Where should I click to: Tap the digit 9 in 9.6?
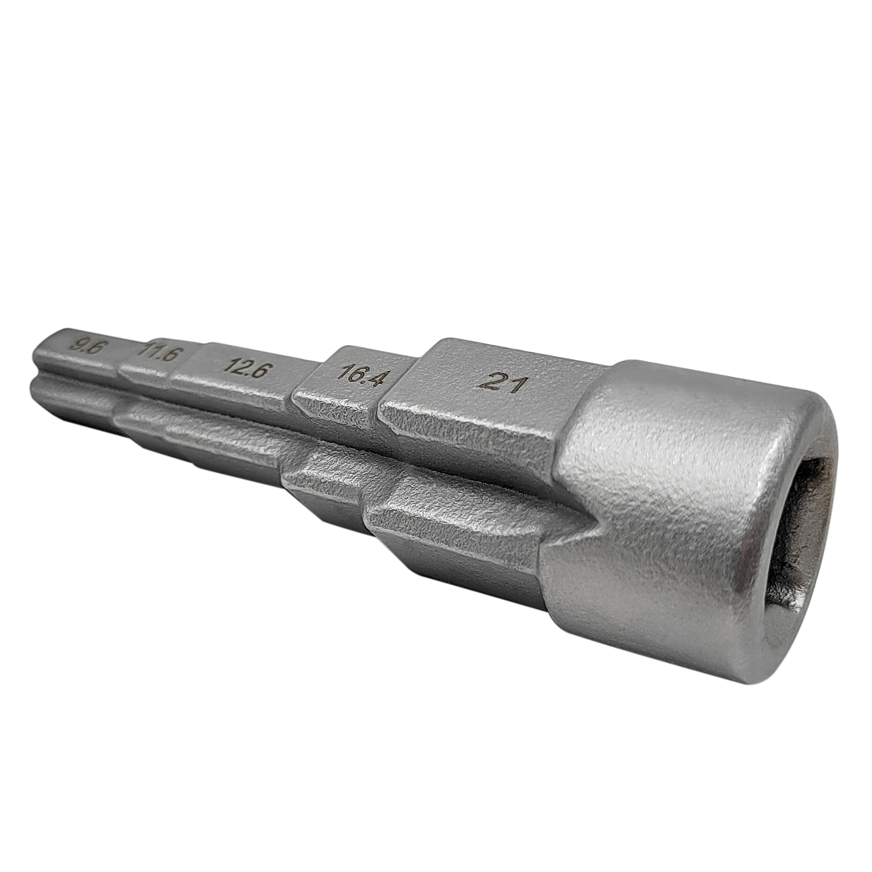point(75,345)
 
